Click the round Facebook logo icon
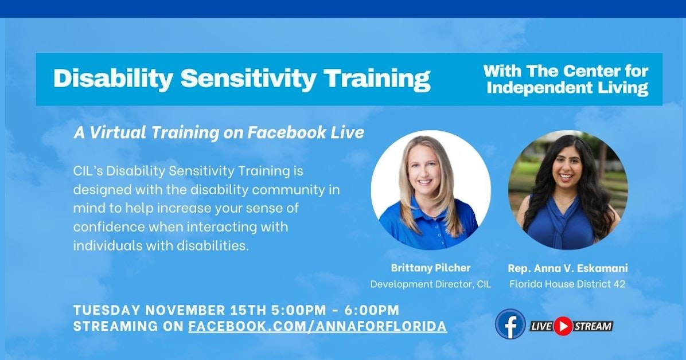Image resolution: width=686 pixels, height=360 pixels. (510, 324)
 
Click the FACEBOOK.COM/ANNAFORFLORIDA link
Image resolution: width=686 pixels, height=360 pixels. (317, 326)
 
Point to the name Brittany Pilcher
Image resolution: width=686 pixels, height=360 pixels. (430, 268)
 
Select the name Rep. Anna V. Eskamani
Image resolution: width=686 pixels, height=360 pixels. (567, 268)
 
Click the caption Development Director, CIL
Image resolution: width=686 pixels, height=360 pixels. (430, 284)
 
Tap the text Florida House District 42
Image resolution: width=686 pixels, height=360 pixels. (567, 284)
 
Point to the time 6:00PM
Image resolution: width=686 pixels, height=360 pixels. (372, 311)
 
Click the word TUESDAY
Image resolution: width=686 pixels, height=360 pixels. (106, 311)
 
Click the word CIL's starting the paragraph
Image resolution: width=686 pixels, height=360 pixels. (88, 170)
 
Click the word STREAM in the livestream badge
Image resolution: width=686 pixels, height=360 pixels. (593, 326)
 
